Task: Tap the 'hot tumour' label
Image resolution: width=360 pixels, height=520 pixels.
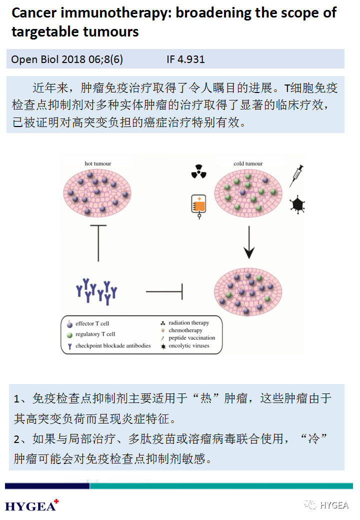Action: coord(98,163)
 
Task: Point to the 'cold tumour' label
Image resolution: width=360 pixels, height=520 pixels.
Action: coord(248,163)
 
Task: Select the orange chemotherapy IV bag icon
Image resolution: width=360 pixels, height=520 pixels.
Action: coord(199,205)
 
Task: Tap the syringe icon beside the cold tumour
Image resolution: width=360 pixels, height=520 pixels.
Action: coord(297,176)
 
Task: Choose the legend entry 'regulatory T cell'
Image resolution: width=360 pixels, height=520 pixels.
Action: coord(95,334)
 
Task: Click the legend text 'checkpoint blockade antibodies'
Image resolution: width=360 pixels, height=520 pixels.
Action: coord(113,345)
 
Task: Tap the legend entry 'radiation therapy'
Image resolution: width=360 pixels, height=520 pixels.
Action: coord(188,323)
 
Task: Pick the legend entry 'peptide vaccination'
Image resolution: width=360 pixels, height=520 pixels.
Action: coord(191,338)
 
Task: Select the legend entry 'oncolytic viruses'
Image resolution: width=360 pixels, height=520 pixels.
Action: coord(189,345)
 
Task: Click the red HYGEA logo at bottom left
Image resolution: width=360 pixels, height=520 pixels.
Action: coord(30,506)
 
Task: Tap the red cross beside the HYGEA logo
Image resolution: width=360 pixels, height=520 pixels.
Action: coord(56,501)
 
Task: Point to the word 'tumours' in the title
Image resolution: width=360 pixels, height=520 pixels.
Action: coord(111,32)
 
